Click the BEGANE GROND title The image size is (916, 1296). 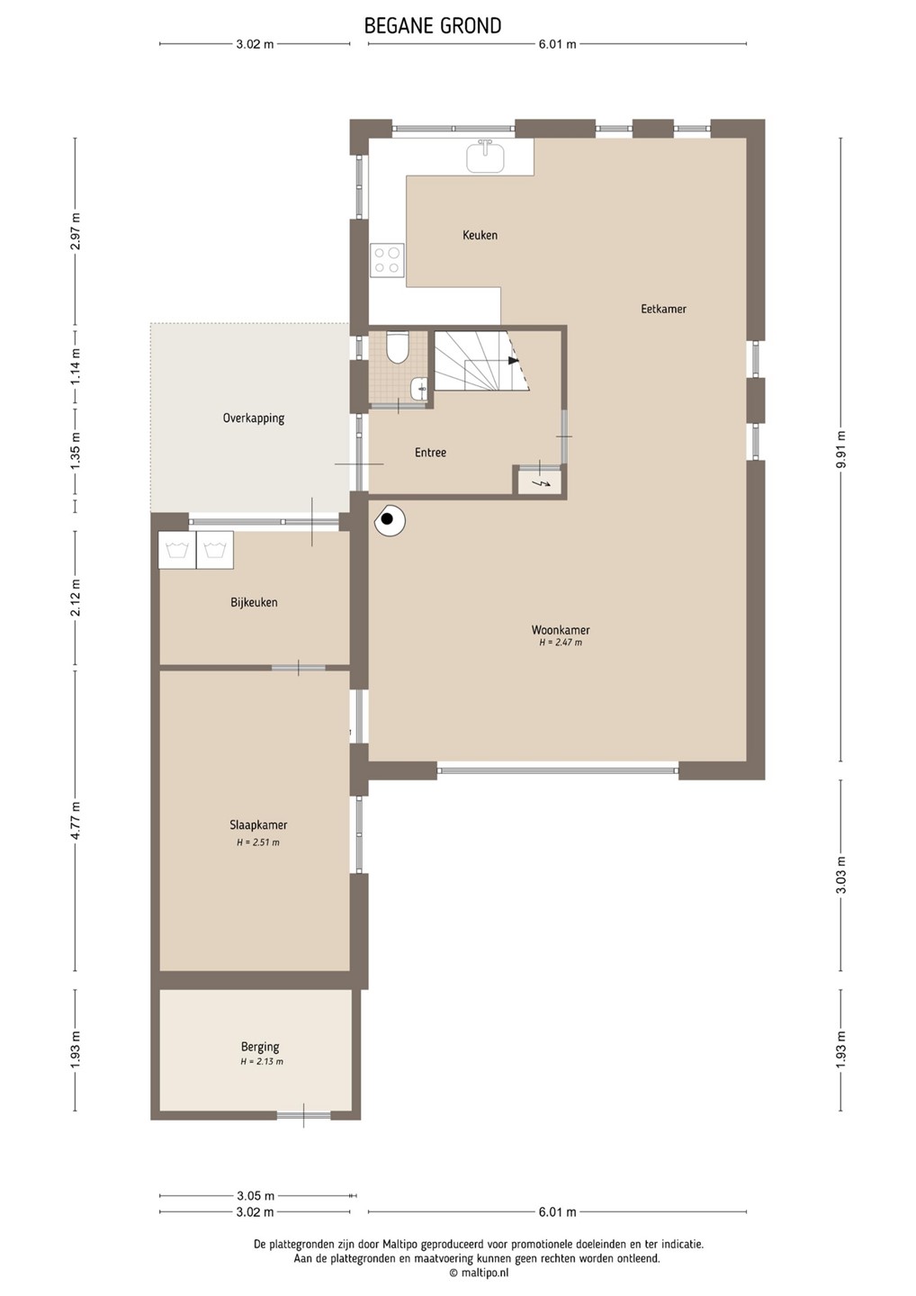click(433, 26)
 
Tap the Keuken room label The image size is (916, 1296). click(480, 235)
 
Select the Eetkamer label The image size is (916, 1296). click(663, 309)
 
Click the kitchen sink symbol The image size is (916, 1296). click(485, 155)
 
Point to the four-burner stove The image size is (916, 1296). click(387, 260)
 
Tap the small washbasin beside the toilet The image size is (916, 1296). click(419, 388)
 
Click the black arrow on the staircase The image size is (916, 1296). click(513, 360)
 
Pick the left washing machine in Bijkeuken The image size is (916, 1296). click(177, 550)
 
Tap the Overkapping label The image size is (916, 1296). click(253, 418)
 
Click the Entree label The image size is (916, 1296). click(430, 453)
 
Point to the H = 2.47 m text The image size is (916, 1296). click(561, 643)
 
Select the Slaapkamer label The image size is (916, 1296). click(258, 825)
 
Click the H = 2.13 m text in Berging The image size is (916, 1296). click(262, 1061)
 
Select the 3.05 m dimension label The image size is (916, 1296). click(255, 1195)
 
